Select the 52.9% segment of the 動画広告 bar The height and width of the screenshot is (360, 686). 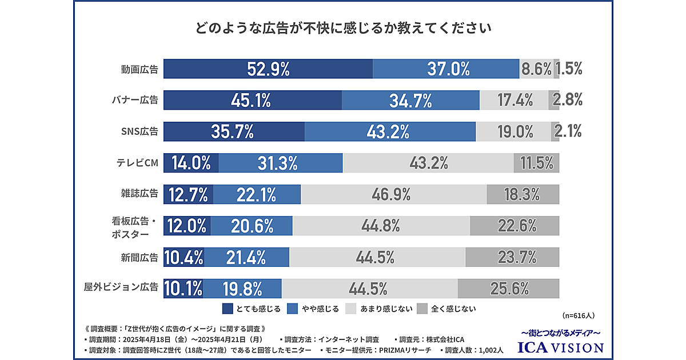(x=268, y=69)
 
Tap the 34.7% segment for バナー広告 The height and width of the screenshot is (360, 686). (x=410, y=100)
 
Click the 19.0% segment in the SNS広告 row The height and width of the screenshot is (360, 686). (x=513, y=131)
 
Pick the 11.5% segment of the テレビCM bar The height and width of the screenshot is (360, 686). (x=536, y=163)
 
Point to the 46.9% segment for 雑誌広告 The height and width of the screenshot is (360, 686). (x=393, y=195)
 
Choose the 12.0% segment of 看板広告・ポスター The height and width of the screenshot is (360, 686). (x=187, y=226)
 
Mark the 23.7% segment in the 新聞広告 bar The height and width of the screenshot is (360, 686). (x=512, y=257)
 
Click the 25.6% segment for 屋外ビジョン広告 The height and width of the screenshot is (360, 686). (x=508, y=288)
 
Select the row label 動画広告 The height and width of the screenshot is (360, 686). (x=139, y=69)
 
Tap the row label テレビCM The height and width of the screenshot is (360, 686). (x=134, y=163)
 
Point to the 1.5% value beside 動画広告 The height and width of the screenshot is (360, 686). (x=569, y=69)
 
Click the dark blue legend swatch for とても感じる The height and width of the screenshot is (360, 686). (x=227, y=309)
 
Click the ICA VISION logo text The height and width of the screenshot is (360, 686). (x=560, y=347)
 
